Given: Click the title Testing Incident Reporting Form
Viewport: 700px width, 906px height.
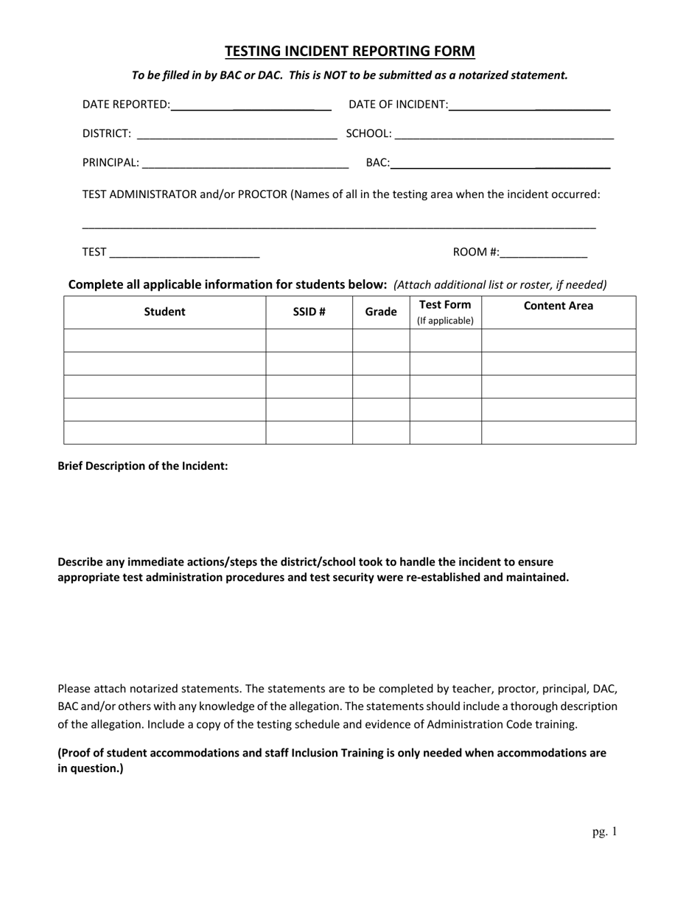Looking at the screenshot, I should (x=349, y=51).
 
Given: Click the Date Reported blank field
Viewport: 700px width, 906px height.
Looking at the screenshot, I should (x=251, y=105).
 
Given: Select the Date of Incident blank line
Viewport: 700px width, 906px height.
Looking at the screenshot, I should (x=529, y=105).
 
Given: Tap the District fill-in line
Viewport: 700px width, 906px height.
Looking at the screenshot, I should (x=237, y=134).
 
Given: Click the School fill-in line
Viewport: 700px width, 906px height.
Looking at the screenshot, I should (x=504, y=134).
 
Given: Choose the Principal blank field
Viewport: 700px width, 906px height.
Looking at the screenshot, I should (x=245, y=164).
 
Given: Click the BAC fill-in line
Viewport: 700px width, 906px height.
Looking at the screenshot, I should (x=500, y=164).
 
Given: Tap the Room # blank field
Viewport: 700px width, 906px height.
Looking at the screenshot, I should (x=543, y=253).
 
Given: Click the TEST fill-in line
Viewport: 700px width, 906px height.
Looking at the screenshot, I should (x=184, y=253).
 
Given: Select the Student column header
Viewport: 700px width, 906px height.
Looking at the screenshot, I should (x=164, y=312).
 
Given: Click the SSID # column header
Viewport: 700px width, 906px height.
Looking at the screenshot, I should (x=309, y=312).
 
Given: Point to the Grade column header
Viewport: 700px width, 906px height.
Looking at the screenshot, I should (x=381, y=312).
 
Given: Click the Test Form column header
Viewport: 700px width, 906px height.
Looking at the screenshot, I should (x=445, y=305).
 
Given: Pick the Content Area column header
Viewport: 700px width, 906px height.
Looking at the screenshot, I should (x=558, y=306).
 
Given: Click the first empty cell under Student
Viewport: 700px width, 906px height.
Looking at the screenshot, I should (x=164, y=340).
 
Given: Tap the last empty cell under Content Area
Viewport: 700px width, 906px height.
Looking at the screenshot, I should (x=558, y=432).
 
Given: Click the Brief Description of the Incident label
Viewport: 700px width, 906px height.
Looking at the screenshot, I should (x=143, y=466).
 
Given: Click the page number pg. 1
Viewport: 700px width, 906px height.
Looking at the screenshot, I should (x=604, y=832).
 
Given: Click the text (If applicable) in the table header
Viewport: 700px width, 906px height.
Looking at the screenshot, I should (x=445, y=321).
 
